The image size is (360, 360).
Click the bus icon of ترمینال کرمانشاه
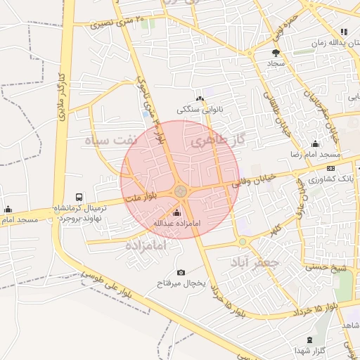click(78, 198)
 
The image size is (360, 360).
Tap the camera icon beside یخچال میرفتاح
click(181, 272)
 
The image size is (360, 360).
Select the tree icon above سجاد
click(276, 52)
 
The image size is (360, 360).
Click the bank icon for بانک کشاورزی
click(331, 168)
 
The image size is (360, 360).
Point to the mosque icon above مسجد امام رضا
click(314, 143)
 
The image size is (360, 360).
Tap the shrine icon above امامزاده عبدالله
click(176, 213)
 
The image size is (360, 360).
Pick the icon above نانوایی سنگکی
click(200, 98)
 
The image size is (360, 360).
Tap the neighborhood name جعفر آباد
click(255, 262)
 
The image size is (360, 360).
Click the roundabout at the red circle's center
click(181, 190)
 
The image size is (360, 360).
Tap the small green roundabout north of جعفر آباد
click(243, 241)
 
